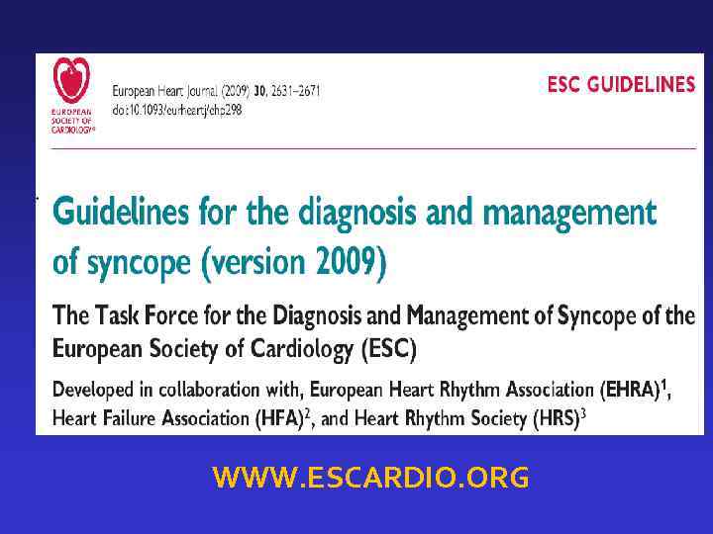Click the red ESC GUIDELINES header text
tap(621, 85)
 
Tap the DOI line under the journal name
tap(177, 110)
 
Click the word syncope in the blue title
tap(138, 263)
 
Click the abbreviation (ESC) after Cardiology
tap(389, 349)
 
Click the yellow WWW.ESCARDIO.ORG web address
tap(370, 480)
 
